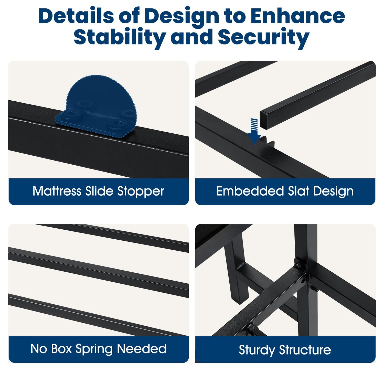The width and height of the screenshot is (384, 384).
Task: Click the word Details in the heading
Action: pos(76,16)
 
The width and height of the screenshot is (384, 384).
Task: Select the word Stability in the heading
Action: pos(119,37)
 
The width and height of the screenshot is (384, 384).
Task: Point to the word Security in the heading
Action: pos(264,37)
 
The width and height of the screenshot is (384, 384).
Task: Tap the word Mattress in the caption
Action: pos(57,191)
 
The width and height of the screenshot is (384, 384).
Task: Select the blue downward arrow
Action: pos(254,131)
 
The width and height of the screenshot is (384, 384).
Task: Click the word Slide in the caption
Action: pos(99,191)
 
